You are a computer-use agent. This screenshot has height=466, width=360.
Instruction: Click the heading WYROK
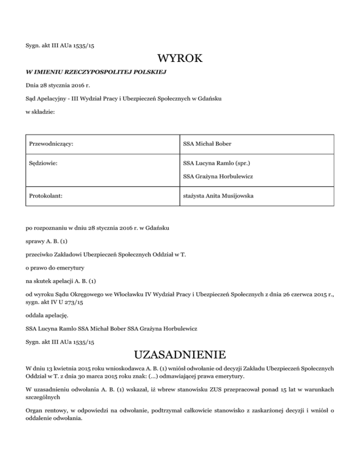[x=180, y=59]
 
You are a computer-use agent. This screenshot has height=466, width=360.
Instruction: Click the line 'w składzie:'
[x=41, y=113]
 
